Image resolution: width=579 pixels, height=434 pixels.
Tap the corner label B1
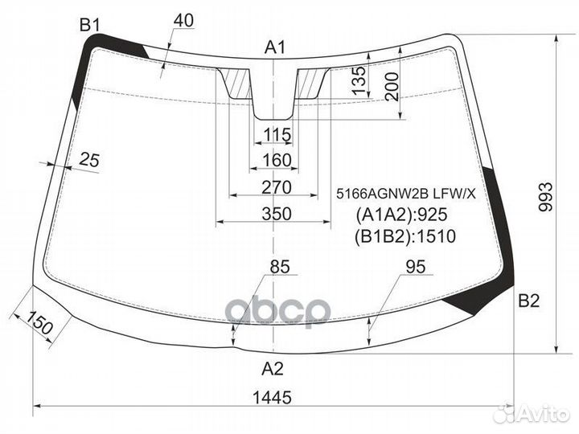point(88,27)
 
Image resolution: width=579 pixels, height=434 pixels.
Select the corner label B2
point(528,301)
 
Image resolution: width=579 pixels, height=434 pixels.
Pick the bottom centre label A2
point(273,369)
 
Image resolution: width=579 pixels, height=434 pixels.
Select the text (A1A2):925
point(400,215)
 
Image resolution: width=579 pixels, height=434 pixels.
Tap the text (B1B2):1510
point(405,236)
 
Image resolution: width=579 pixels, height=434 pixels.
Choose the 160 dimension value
point(276,161)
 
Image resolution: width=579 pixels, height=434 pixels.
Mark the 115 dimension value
point(276,133)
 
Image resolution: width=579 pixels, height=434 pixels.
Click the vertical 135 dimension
point(359,80)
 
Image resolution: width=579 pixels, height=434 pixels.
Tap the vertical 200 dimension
point(392,85)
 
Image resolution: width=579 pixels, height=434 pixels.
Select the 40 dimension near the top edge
point(183,22)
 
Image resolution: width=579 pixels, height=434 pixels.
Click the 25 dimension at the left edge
point(89,161)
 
